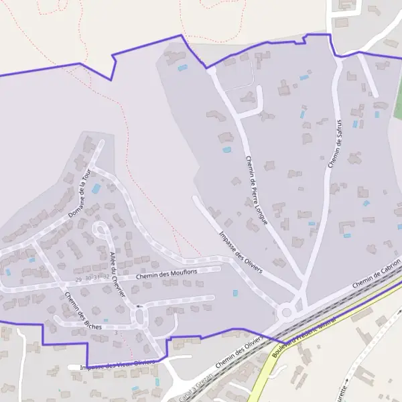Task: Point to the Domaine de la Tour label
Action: coord(79,196)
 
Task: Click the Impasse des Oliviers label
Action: coord(241,251)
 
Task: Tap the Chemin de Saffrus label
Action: coord(335,144)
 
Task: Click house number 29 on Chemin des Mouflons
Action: coord(78,279)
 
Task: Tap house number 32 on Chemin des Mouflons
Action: coord(106,276)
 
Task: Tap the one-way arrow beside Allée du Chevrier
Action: coord(139,306)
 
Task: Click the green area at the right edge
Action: coord(398,100)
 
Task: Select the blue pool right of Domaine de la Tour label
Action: coord(96,189)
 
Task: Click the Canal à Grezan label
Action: coord(196,385)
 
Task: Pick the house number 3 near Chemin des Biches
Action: coord(116,332)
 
